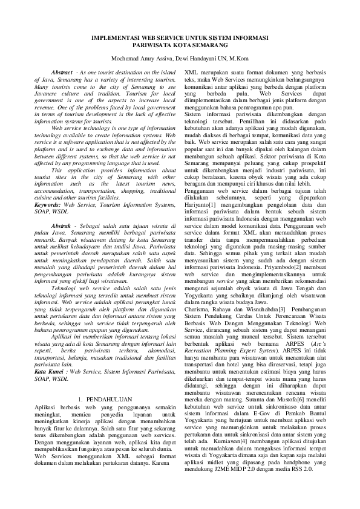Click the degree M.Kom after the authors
click(237, 58)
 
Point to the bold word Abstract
click(62, 72)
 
